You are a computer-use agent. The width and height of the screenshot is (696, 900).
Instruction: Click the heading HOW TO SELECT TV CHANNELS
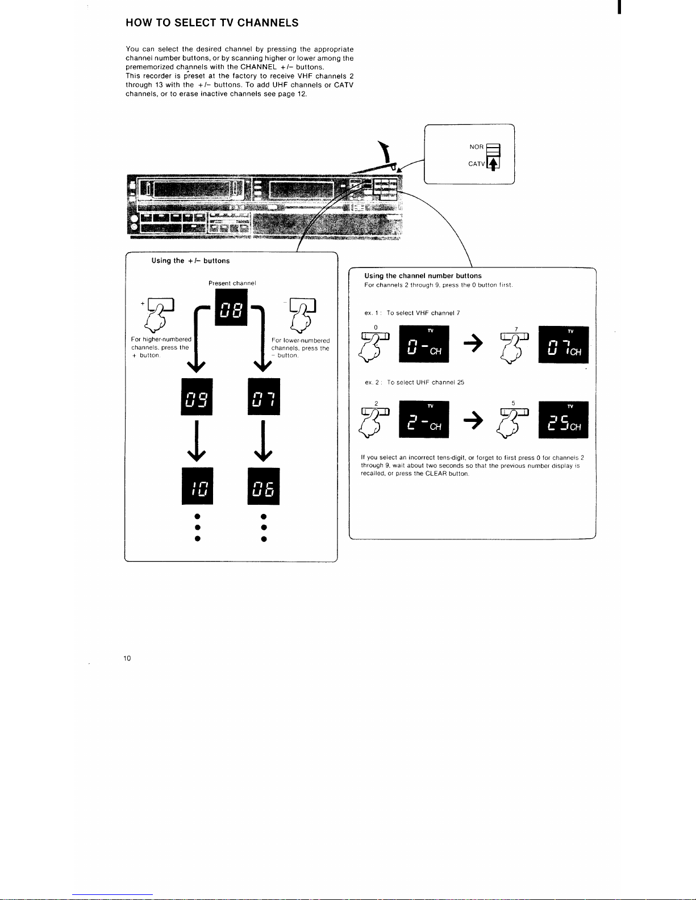pyautogui.click(x=212, y=23)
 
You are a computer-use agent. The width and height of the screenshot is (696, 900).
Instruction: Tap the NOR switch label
pyautogui.click(x=477, y=146)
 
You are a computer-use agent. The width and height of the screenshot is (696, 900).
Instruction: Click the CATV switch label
pyautogui.click(x=477, y=164)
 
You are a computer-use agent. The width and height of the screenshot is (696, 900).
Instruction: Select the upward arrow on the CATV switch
pyautogui.click(x=493, y=164)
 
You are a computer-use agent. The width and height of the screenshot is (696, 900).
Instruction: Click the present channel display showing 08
pyautogui.click(x=231, y=307)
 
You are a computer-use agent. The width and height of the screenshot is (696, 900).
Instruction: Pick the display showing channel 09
pyautogui.click(x=197, y=397)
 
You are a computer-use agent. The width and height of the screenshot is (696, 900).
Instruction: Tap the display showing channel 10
pyautogui.click(x=197, y=486)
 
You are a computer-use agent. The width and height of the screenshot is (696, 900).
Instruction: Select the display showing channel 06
pyautogui.click(x=264, y=486)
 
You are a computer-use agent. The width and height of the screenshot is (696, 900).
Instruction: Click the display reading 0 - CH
pyautogui.click(x=424, y=344)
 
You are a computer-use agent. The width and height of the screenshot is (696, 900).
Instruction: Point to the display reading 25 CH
pyautogui.click(x=564, y=420)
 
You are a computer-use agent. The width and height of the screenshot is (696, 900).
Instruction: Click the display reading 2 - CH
pyautogui.click(x=424, y=419)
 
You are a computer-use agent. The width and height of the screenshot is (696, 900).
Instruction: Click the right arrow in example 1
pyautogui.click(x=473, y=343)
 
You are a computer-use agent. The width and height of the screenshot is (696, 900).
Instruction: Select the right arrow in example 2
pyautogui.click(x=473, y=421)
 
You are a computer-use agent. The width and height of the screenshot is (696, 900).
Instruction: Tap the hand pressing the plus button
pyautogui.click(x=159, y=315)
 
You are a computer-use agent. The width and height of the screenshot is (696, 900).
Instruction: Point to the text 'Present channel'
pyautogui.click(x=232, y=283)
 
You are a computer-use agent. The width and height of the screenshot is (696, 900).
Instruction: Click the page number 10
pyautogui.click(x=127, y=658)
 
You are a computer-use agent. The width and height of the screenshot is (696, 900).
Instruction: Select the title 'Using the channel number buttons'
pyautogui.click(x=423, y=276)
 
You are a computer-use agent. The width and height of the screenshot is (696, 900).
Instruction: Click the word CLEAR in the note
pyautogui.click(x=436, y=474)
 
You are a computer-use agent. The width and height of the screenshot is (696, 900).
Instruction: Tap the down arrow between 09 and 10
pyautogui.click(x=197, y=441)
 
